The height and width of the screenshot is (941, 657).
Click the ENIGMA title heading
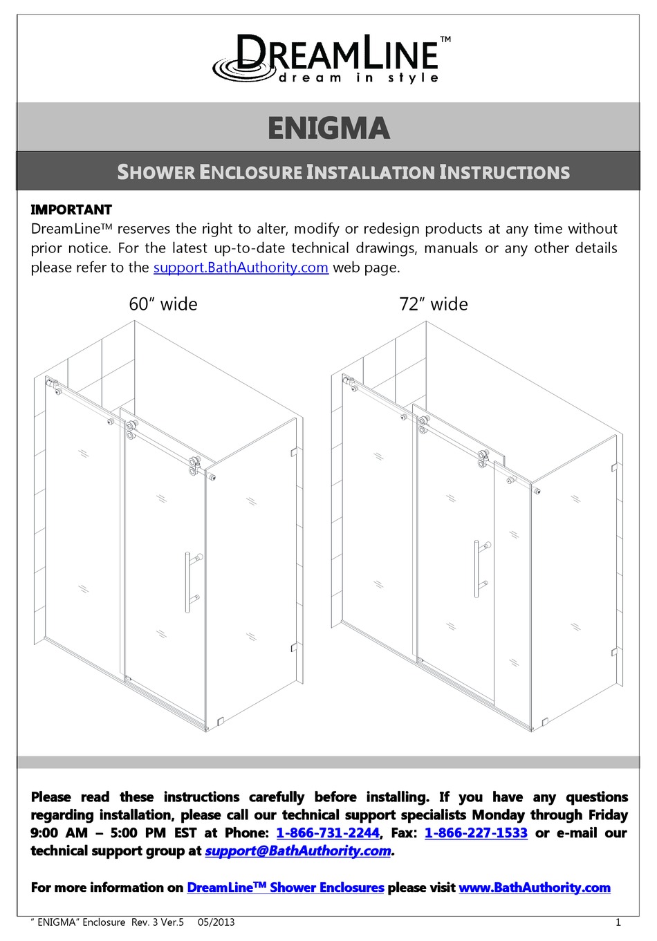tap(328, 129)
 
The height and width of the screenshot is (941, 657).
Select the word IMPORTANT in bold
tap(71, 209)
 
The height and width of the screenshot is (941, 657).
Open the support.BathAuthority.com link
tap(241, 268)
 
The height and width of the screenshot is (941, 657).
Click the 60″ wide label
tap(163, 304)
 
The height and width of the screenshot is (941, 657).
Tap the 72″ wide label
tap(434, 304)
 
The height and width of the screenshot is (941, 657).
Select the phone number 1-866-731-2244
tap(328, 833)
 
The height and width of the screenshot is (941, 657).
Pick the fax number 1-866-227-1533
tap(476, 833)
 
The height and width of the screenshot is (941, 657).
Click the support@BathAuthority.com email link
tap(298, 851)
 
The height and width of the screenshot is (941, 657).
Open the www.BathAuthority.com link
tap(535, 888)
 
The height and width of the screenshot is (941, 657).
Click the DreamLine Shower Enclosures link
tap(285, 888)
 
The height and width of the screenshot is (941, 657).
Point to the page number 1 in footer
tap(618, 922)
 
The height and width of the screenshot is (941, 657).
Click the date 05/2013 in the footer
tap(216, 922)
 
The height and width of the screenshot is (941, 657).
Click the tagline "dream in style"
tap(358, 78)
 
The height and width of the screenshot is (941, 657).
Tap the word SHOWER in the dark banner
tap(156, 172)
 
